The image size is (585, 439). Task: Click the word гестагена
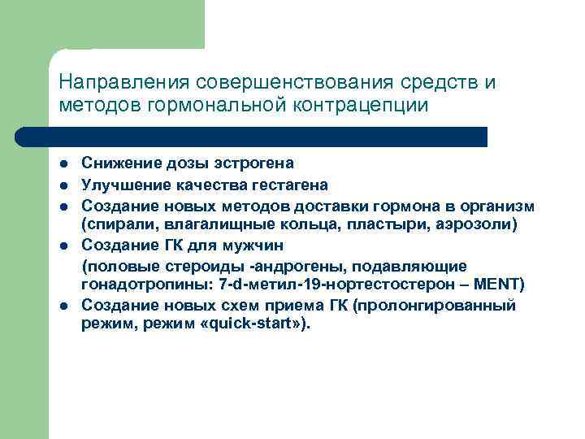[x=290, y=184]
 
